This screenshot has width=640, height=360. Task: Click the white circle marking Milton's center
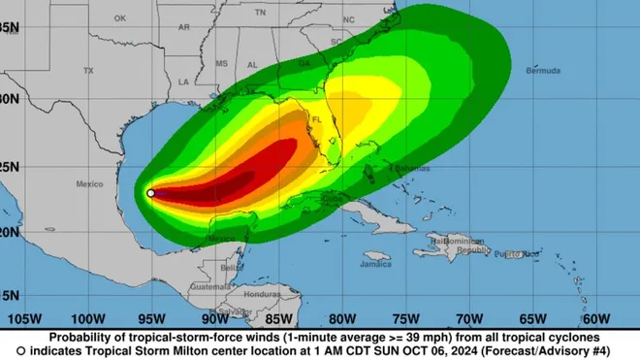(150, 193)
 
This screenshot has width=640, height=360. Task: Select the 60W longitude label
(595, 318)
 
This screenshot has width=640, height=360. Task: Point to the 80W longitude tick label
(341, 318)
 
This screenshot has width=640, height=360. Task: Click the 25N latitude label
(11, 166)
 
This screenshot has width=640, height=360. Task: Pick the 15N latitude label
(11, 295)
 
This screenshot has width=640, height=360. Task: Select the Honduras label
(262, 294)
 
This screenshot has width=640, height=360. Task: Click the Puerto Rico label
(512, 254)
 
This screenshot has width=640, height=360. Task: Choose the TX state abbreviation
(88, 71)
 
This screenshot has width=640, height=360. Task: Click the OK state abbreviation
(119, 17)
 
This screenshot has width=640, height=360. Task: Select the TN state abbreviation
(260, 12)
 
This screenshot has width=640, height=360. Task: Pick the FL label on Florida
(316, 120)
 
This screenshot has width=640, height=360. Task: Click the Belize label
(231, 267)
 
